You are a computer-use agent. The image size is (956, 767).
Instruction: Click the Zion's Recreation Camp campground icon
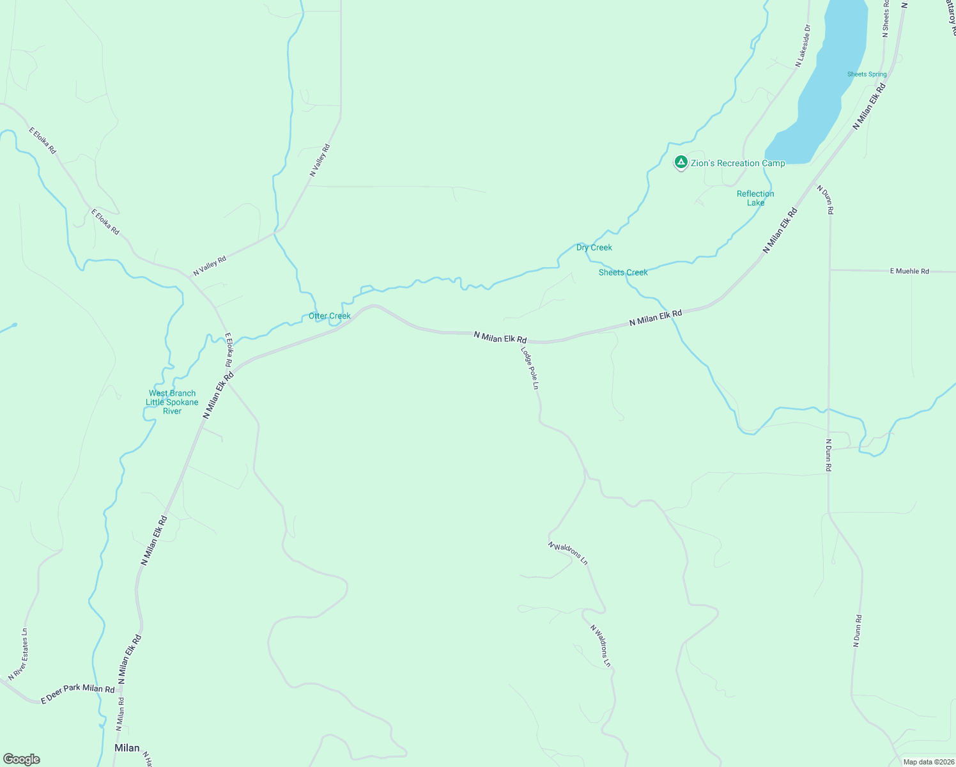tap(681, 162)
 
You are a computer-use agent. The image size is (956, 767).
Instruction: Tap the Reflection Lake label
tap(755, 198)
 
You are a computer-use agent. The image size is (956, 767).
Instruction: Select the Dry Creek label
tap(594, 247)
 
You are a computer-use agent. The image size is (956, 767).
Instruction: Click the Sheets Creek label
tap(623, 272)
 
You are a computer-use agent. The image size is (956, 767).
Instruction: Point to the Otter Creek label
tap(330, 316)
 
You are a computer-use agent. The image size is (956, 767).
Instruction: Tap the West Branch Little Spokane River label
tap(172, 402)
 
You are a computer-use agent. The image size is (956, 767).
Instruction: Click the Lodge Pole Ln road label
tap(530, 369)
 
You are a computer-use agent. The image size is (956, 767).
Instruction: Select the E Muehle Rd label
tap(909, 271)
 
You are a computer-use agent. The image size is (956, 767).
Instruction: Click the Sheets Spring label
tap(867, 74)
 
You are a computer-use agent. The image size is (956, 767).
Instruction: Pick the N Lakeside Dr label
tap(803, 46)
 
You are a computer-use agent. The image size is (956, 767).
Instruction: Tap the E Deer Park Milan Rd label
tap(77, 694)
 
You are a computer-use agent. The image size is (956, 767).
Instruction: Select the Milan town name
tap(127, 748)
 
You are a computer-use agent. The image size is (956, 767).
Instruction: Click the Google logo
tap(22, 759)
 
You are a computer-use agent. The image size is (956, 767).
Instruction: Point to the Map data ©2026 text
tap(929, 762)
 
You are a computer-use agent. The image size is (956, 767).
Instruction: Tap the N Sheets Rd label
tap(886, 18)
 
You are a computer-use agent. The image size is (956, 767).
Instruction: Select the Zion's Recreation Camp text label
tap(737, 163)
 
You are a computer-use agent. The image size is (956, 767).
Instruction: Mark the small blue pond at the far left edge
tap(14, 325)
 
